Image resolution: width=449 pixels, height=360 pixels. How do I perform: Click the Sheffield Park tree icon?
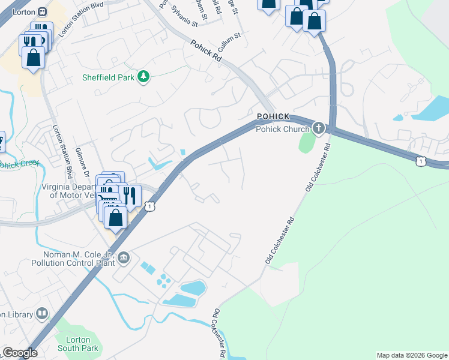point(143,77)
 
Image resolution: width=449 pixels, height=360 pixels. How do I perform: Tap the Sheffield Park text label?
point(109,77)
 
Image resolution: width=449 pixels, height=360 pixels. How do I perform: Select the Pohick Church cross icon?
point(318,128)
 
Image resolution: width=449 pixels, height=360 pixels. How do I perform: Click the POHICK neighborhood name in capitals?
point(273,116)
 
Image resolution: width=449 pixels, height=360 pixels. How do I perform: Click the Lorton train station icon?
point(42,11)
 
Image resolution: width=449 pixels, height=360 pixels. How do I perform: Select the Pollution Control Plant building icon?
point(124,258)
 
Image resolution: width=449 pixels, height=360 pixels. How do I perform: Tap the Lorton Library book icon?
point(42,313)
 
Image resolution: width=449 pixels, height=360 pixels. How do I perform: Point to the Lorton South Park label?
point(77,344)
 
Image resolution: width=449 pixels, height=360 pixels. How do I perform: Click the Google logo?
point(19,353)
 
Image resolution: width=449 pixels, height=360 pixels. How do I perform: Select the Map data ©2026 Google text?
point(411,355)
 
